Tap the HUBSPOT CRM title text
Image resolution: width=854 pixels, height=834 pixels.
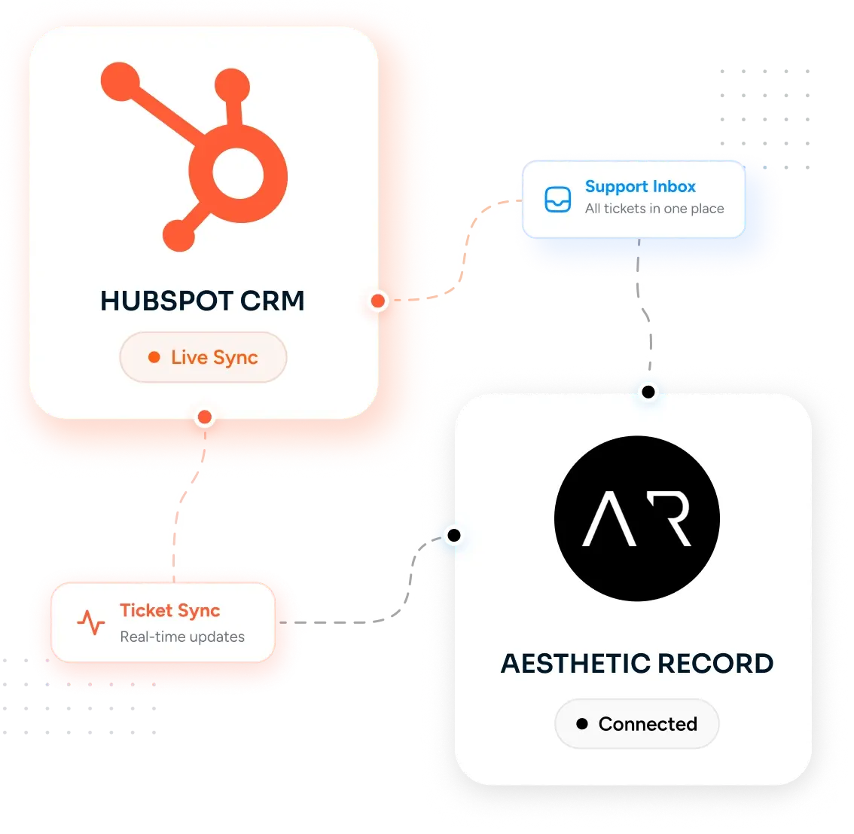202,301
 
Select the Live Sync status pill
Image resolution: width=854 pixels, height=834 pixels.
203,357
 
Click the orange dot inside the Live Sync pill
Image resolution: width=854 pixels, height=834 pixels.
154,357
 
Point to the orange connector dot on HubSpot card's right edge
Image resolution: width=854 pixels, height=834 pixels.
378,301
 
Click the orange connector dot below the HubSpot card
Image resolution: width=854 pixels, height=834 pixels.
205,417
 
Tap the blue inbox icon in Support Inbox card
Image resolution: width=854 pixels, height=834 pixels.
558,200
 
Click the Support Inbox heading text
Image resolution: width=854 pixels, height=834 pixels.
640,186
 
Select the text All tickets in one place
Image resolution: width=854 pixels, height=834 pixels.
654,209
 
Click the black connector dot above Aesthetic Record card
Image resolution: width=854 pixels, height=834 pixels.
648,392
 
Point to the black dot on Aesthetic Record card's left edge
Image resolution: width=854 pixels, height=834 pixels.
453,536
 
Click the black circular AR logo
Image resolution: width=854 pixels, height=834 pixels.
636,518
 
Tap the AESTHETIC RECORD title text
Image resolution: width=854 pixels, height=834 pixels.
636,664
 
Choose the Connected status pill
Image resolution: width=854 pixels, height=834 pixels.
636,723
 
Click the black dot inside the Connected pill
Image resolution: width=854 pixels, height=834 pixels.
582,723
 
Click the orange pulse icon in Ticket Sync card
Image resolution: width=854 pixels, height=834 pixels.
90,622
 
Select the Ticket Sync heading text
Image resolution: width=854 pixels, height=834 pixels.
170,611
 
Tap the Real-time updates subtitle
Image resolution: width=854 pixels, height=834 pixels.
182,637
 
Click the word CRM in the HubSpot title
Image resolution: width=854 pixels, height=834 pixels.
272,301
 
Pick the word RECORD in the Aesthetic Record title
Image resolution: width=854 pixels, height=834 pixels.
715,664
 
